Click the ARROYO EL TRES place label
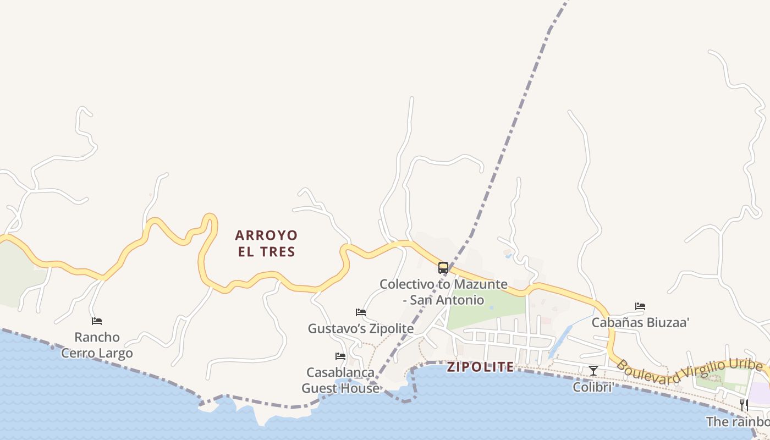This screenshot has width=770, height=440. [x=266, y=244]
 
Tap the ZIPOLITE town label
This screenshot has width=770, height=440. [x=480, y=367]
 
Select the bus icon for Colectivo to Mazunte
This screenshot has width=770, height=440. [x=443, y=268]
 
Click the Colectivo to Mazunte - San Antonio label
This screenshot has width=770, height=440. [x=443, y=292]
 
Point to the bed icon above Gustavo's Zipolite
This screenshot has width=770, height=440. [x=361, y=312]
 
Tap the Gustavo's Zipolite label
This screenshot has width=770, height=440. [x=360, y=329]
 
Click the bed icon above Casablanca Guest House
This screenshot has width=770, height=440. [x=340, y=356]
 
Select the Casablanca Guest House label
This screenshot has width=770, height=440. [x=340, y=380]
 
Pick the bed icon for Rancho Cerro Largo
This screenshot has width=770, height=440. [x=97, y=321]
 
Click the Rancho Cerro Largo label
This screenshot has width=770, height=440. [x=97, y=345]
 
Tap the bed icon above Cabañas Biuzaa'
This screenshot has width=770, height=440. [x=640, y=306]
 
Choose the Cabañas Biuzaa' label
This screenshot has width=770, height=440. [x=640, y=323]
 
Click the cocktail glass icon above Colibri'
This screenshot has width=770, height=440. [x=593, y=371]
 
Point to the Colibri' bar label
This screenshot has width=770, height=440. [x=593, y=387]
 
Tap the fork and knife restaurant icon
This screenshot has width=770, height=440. [x=744, y=405]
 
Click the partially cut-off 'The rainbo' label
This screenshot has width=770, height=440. [x=738, y=422]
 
